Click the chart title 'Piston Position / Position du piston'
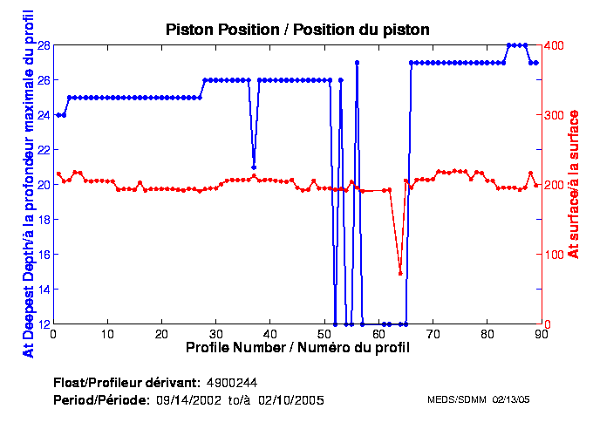click(297, 30)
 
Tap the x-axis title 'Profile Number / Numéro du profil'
click(297, 347)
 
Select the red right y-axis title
click(573, 184)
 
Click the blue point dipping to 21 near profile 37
click(254, 167)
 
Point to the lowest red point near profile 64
click(400, 274)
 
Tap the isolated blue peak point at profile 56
click(357, 63)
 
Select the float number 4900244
click(231, 383)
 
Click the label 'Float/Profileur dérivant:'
click(126, 383)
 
